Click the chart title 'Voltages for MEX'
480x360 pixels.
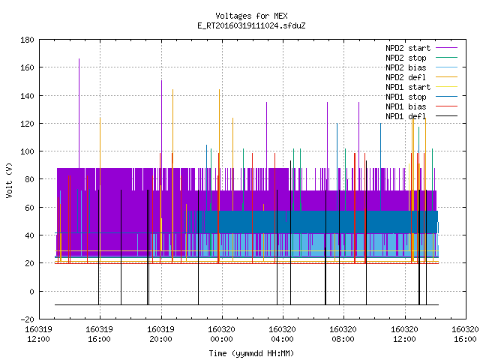[251, 16]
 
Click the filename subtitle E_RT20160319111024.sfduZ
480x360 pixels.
[251, 25]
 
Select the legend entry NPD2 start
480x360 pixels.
[421, 48]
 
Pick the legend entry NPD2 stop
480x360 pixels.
[421, 58]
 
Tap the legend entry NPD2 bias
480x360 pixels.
[421, 67]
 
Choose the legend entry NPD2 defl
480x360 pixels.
[421, 77]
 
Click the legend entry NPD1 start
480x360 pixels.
[421, 87]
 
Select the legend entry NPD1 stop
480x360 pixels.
[421, 97]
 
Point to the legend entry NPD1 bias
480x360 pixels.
[421, 106]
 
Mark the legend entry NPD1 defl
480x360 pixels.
[421, 116]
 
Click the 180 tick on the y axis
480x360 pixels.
[27, 40]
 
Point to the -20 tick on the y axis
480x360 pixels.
[27, 319]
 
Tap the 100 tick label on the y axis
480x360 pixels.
[27, 151]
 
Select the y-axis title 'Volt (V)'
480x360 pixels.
[9, 180]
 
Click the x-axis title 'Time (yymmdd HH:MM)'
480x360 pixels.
[251, 353]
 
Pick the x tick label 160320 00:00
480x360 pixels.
[222, 334]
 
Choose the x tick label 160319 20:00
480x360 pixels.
[160, 334]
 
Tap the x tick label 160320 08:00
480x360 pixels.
[343, 334]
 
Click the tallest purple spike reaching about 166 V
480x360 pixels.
[79, 113]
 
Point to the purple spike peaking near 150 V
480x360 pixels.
[162, 124]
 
